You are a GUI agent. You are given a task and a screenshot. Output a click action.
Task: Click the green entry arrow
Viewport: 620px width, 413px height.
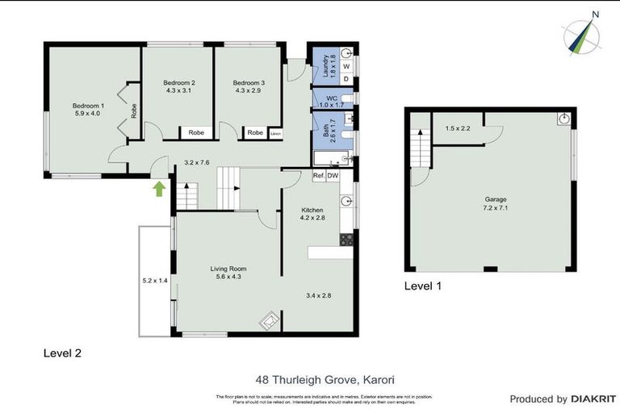click(x=159, y=189)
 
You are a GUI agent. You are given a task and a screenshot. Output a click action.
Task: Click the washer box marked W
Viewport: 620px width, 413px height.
click(x=346, y=67)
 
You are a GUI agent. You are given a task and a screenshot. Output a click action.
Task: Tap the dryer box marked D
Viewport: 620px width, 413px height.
click(x=346, y=79)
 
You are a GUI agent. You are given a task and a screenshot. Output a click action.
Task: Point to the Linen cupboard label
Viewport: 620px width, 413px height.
click(x=275, y=133)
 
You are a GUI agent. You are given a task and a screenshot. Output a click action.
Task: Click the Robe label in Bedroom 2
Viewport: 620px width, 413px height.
click(x=196, y=132)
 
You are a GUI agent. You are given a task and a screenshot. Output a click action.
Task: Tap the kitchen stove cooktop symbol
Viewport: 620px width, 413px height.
click(x=347, y=239)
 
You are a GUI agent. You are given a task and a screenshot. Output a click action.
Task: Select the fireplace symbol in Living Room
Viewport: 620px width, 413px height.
click(x=268, y=322)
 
